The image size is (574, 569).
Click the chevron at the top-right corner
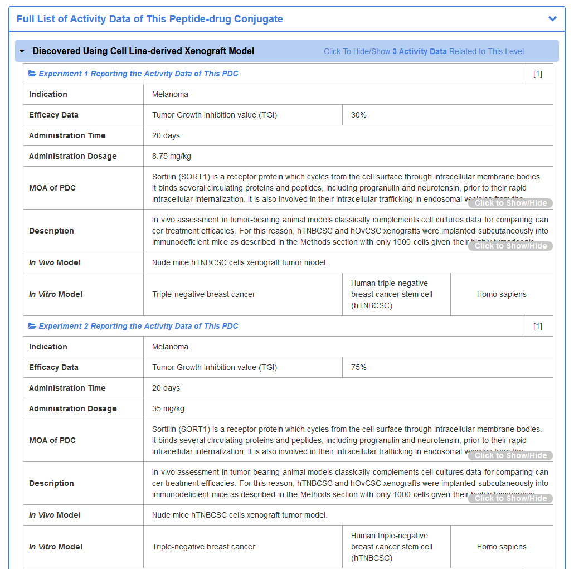pos(552,19)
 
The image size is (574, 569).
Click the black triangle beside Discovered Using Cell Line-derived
pos(22,51)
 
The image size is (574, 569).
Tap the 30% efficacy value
pos(359,115)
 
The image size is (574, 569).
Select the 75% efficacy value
pos(359,367)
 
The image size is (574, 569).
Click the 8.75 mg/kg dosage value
pos(172,156)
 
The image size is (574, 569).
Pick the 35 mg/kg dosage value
pos(168,408)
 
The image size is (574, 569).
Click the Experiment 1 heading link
pos(138,74)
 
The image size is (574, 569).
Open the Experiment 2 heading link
pos(138,326)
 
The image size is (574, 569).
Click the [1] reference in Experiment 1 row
pos(537,74)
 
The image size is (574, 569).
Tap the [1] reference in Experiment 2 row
pos(537,326)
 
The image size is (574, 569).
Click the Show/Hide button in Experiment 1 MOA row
pos(510,203)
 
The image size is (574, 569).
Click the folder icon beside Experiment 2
pos(32,326)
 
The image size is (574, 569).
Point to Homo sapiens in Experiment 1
pos(502,294)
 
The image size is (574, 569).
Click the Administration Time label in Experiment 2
pos(67,388)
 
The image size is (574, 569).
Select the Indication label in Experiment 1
pos(48,94)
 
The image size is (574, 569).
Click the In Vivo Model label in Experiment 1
pos(55,262)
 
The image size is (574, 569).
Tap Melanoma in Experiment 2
pos(170,347)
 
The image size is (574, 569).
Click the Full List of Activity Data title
pos(149,19)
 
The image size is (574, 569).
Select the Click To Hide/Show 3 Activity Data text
pos(424,51)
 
